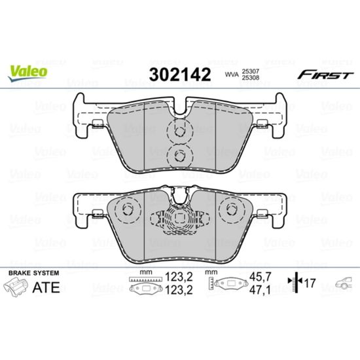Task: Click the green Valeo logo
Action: point(27,73)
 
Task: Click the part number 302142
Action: point(180,75)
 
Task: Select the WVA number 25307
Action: point(250,71)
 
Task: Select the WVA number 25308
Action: point(250,78)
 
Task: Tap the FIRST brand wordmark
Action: point(325,75)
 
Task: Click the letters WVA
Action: point(232,75)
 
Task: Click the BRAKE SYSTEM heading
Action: point(34,273)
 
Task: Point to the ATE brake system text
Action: point(46,287)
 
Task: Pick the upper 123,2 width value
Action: point(179,278)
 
